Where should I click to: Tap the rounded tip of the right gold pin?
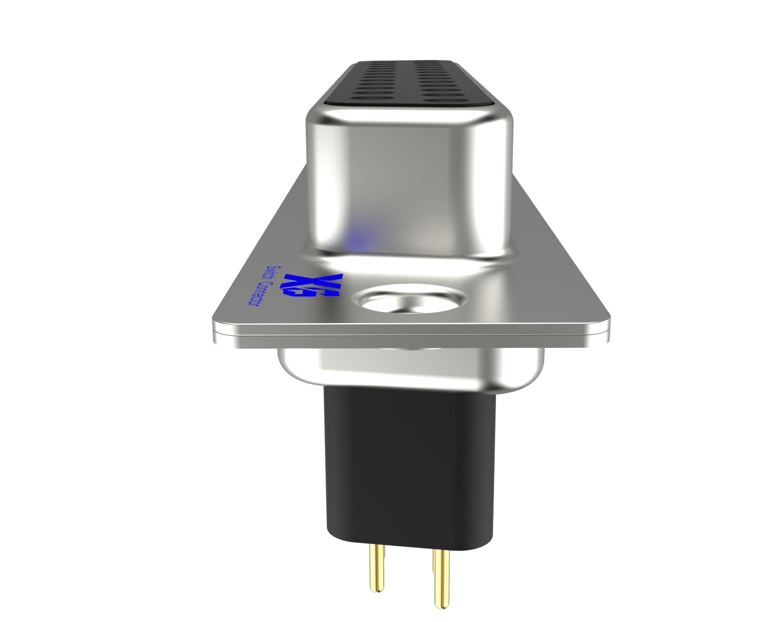441,605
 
